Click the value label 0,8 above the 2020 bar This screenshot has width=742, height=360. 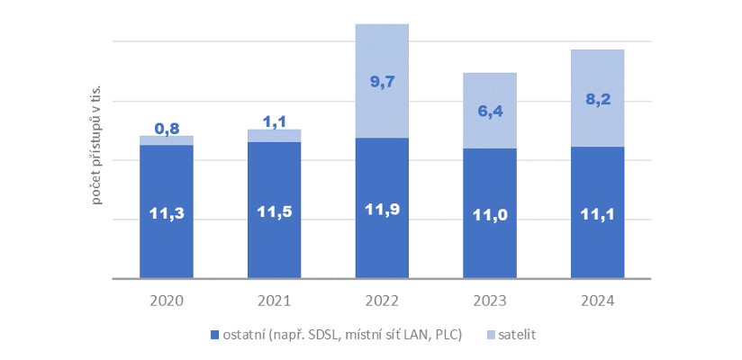167,129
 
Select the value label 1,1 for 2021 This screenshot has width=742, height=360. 275,120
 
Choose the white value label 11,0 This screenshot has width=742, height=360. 490,216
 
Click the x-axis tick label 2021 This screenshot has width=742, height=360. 275,301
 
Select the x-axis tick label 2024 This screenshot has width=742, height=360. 598,301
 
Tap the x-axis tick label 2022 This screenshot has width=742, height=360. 383,301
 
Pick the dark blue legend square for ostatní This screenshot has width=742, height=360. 214,335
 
